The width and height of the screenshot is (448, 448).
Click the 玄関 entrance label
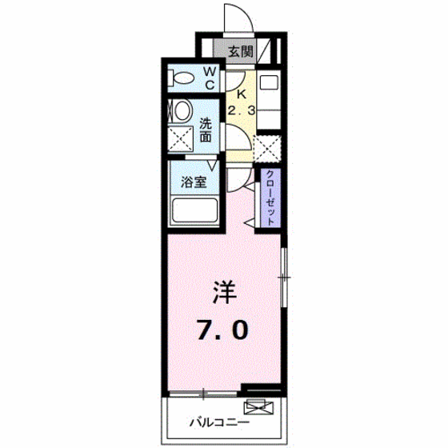coord(241,52)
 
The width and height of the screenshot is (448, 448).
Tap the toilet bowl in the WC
coord(181,78)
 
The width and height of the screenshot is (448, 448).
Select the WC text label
coord(210,78)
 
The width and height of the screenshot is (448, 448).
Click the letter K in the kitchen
coord(242,94)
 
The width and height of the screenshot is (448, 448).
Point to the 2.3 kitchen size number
coord(242,110)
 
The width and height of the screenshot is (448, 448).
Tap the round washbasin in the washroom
coord(182,110)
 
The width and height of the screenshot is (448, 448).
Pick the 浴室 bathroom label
coord(194,182)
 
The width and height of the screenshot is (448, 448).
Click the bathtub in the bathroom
coord(194,210)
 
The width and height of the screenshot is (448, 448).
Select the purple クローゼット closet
coord(270,198)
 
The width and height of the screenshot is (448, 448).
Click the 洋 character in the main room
coord(225,292)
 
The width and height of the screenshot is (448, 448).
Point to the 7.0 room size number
coord(222,330)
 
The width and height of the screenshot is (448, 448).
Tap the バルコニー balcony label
coord(219,422)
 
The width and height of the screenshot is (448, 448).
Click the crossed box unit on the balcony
coord(258,406)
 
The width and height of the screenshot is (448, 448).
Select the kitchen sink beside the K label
coord(269,82)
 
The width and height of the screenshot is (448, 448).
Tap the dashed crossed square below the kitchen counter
coord(268,149)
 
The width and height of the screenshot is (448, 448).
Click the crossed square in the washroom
coord(180,139)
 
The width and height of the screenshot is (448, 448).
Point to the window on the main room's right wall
coord(284,277)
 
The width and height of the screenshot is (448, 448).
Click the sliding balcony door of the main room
coord(203,394)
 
